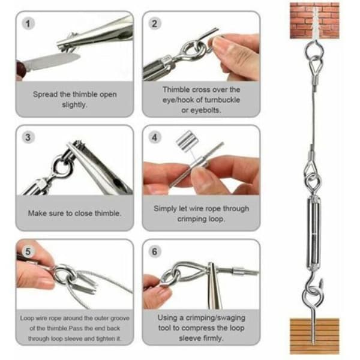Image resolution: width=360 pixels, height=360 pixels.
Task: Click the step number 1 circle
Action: click(28, 23)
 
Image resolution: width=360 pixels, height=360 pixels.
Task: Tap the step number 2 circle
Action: click(155, 23)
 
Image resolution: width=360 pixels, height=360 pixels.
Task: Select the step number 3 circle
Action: click(28, 137)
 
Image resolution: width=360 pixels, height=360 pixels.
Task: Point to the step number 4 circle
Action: click(155, 137)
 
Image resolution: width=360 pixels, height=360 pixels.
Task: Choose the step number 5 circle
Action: click(28, 251)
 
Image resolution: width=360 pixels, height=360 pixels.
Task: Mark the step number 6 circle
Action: click(155, 251)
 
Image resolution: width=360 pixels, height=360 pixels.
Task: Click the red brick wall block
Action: click(314, 20)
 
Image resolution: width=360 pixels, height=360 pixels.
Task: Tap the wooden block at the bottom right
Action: click(314, 336)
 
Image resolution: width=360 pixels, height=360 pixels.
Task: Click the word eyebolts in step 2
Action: click(201, 110)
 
